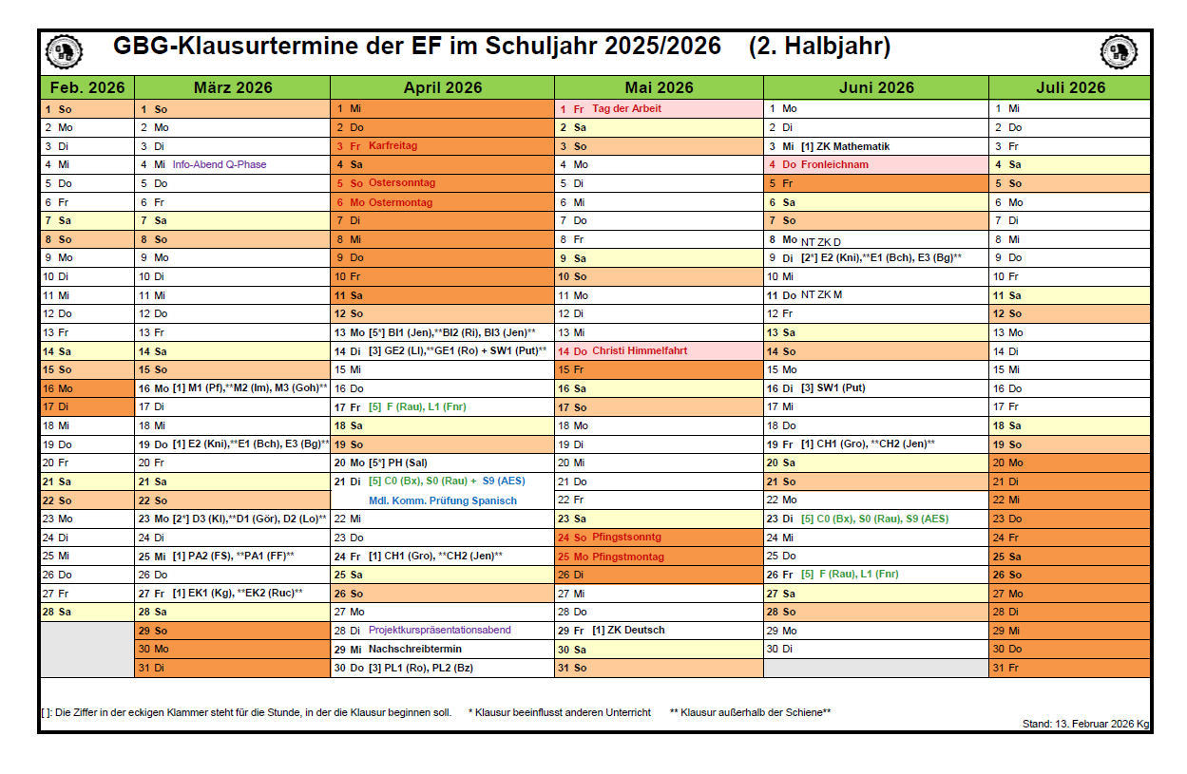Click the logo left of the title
64,51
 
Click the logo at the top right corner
1120,51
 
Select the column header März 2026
233,87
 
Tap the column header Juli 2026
1070,87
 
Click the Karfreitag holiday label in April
392,146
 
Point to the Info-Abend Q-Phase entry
220,164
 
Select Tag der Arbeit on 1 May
626,108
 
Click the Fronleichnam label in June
834,164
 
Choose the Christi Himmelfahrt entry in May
640,350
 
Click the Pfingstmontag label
628,557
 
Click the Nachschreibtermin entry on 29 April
415,650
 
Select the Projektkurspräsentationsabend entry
440,631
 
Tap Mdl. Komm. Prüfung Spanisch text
443,500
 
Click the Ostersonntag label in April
402,183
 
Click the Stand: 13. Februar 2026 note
1085,724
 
